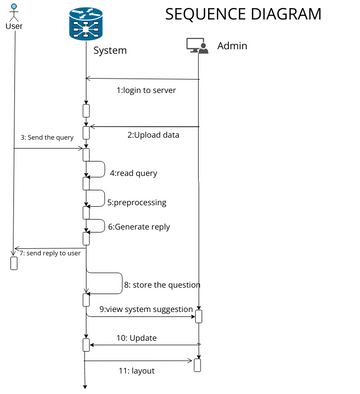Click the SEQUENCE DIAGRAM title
point(243,14)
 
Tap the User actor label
point(14,26)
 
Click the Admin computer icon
point(197,46)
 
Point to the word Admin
point(232,46)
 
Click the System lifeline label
point(110,50)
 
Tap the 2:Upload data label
point(153,134)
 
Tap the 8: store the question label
point(161,285)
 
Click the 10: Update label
point(136,338)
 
